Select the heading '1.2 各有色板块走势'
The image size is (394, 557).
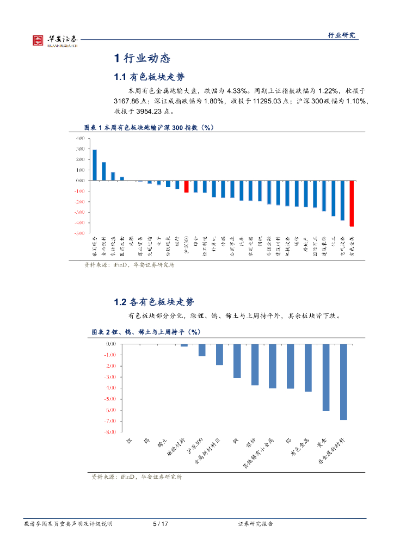153,302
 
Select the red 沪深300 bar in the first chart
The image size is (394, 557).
186,187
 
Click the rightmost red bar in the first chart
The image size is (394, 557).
352,203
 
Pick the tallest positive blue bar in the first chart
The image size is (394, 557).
95,165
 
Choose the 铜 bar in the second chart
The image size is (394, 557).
237,361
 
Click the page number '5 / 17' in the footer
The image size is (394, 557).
161,524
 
